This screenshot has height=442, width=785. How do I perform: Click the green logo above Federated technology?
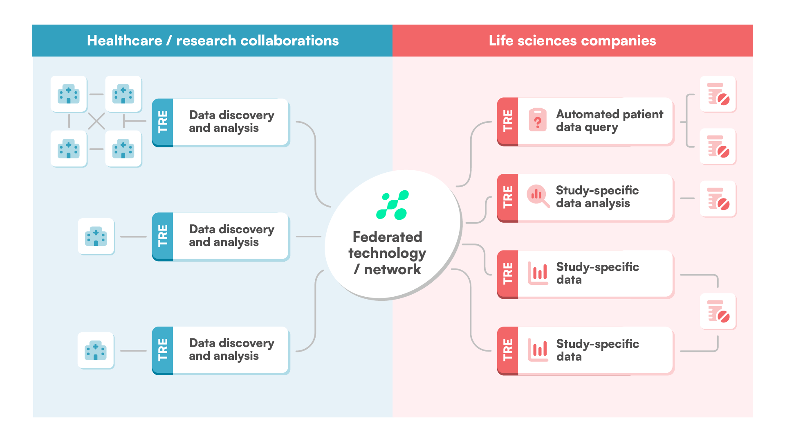(x=392, y=205)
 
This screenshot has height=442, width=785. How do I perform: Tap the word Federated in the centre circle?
(x=387, y=237)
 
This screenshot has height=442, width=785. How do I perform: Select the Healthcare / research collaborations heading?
(x=213, y=41)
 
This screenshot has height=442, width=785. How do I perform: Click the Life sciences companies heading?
(x=572, y=41)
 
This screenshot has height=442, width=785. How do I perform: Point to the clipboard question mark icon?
(x=538, y=120)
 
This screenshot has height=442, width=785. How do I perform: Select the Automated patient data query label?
(x=609, y=121)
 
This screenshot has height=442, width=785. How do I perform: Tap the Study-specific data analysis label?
(x=597, y=197)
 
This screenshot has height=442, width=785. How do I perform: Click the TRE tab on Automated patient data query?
(x=508, y=121)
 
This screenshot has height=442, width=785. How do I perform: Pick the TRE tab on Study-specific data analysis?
(x=508, y=198)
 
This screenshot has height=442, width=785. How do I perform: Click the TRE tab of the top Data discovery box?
(x=163, y=122)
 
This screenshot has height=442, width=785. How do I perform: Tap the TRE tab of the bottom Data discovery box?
(x=163, y=350)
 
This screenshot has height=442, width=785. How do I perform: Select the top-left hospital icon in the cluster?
(x=69, y=94)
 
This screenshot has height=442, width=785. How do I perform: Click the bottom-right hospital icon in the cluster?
(x=123, y=149)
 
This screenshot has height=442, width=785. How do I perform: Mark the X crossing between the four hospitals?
(x=96, y=121)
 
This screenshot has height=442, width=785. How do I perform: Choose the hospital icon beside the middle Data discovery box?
(x=96, y=237)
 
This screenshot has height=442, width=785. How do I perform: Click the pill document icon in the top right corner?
(x=718, y=94)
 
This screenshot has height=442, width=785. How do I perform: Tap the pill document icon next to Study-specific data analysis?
(x=718, y=199)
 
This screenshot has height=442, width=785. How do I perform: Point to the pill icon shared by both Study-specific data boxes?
(x=718, y=311)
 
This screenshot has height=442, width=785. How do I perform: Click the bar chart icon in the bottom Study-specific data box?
(x=538, y=350)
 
